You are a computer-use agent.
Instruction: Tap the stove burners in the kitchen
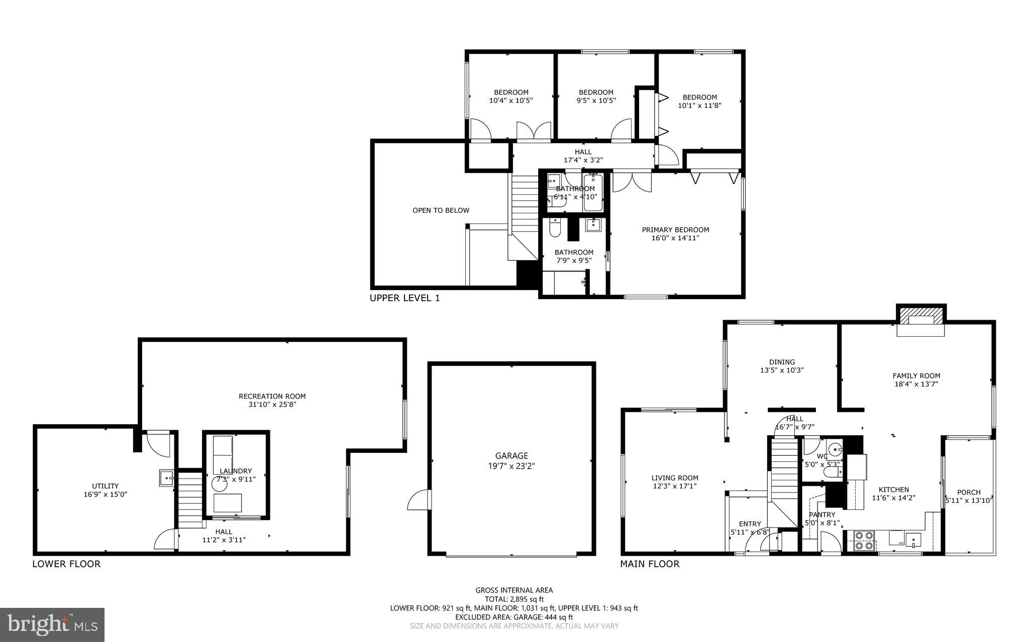[864, 541]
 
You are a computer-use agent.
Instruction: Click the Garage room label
[511, 456]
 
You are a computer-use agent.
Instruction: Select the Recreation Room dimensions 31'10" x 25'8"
[272, 404]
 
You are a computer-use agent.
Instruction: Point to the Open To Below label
[441, 210]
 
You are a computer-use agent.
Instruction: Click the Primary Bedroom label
[675, 230]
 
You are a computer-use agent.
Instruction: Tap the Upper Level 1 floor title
[404, 298]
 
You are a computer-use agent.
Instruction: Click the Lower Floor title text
[66, 564]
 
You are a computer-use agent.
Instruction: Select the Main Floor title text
[650, 564]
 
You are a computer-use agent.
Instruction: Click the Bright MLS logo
[52, 624]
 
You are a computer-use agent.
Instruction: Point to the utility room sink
[166, 478]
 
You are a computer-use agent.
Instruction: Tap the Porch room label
[969, 492]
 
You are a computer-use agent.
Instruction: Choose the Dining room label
[782, 362]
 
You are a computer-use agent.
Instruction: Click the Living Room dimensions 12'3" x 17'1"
[674, 486]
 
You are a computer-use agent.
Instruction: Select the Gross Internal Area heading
[514, 590]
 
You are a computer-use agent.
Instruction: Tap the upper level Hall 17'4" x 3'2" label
[583, 156]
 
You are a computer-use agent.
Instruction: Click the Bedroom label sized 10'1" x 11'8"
[699, 97]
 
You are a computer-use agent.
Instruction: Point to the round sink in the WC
[835, 448]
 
